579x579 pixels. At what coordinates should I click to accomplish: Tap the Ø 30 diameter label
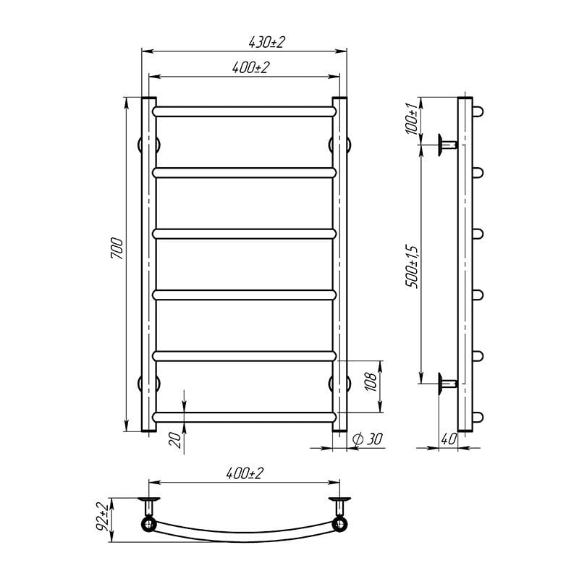(x=368, y=439)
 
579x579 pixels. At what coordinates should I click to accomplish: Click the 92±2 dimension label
(x=103, y=516)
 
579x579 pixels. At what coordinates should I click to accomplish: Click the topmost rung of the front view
(x=245, y=112)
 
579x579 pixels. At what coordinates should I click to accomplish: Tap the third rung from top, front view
(x=245, y=234)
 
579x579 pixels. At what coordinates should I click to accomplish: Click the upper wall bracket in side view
(x=446, y=145)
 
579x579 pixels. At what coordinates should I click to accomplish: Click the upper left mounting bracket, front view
(x=142, y=144)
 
